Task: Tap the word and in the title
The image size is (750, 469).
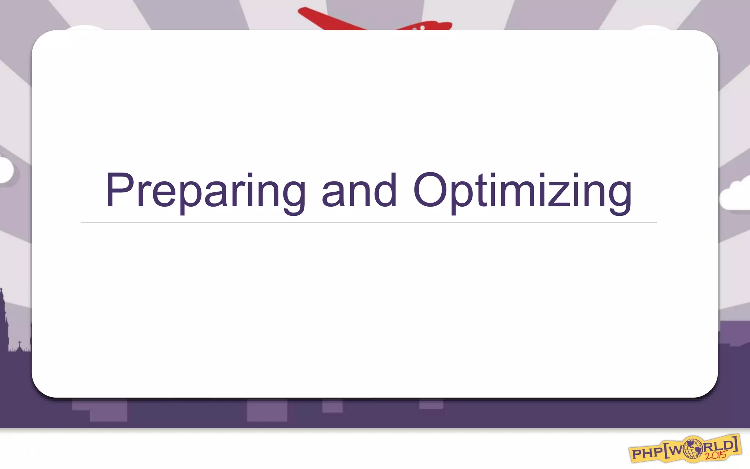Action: click(359, 191)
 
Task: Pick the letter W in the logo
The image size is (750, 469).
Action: click(677, 451)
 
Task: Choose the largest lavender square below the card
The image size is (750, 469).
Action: click(267, 410)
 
